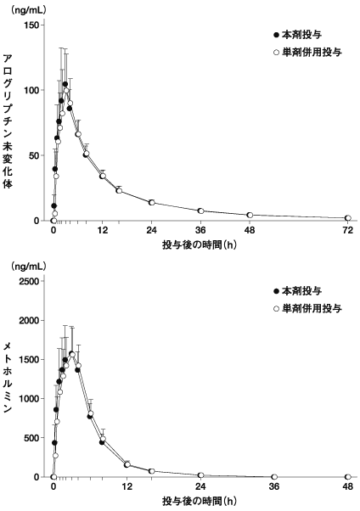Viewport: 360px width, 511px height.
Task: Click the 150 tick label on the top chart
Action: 31,25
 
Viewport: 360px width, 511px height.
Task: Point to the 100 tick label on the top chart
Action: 31,90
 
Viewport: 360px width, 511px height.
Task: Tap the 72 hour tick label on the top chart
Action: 348,230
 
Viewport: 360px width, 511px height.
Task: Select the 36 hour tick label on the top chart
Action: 200,230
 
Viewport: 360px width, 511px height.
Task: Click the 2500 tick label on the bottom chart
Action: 30,281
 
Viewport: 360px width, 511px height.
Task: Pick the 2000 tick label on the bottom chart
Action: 30,320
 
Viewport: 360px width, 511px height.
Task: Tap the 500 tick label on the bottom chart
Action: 31,438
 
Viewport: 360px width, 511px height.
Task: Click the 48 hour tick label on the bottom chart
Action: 348,486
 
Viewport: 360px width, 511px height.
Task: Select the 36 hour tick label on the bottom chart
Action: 274,486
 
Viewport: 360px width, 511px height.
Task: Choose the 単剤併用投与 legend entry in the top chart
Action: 307,52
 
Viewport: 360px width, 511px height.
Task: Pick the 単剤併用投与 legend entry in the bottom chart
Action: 307,308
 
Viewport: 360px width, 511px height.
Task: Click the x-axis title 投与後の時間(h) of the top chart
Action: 200,244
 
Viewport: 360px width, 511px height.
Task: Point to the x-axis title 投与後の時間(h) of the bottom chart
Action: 200,501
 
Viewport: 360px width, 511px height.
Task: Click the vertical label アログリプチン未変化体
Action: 8,121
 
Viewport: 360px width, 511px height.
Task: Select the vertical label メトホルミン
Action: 8,377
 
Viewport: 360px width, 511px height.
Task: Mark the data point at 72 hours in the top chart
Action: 348,217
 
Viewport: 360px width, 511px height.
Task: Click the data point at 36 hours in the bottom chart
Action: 274,477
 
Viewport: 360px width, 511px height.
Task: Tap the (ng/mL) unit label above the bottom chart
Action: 29,267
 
